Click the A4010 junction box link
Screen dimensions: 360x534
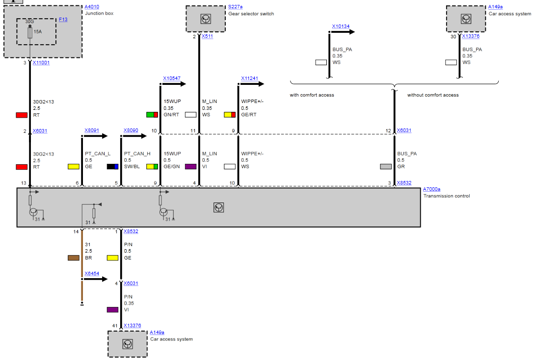point(91,7)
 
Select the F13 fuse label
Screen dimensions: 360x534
point(63,19)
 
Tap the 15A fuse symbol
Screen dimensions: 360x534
point(30,32)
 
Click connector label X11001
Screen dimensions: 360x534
point(41,63)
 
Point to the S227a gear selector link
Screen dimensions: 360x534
point(235,7)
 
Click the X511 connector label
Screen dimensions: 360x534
point(207,36)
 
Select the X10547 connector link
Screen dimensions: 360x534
point(172,78)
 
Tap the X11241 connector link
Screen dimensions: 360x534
point(249,78)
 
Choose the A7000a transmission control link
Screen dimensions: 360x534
point(431,189)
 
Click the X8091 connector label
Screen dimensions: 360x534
point(91,131)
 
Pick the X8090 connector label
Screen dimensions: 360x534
point(131,131)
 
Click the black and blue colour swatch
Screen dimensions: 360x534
point(113,167)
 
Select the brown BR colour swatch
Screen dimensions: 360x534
point(74,258)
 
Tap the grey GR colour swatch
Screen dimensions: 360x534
point(386,167)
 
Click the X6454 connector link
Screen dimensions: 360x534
point(91,273)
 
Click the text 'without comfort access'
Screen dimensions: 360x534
point(433,95)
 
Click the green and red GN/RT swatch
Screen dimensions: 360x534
point(152,115)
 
